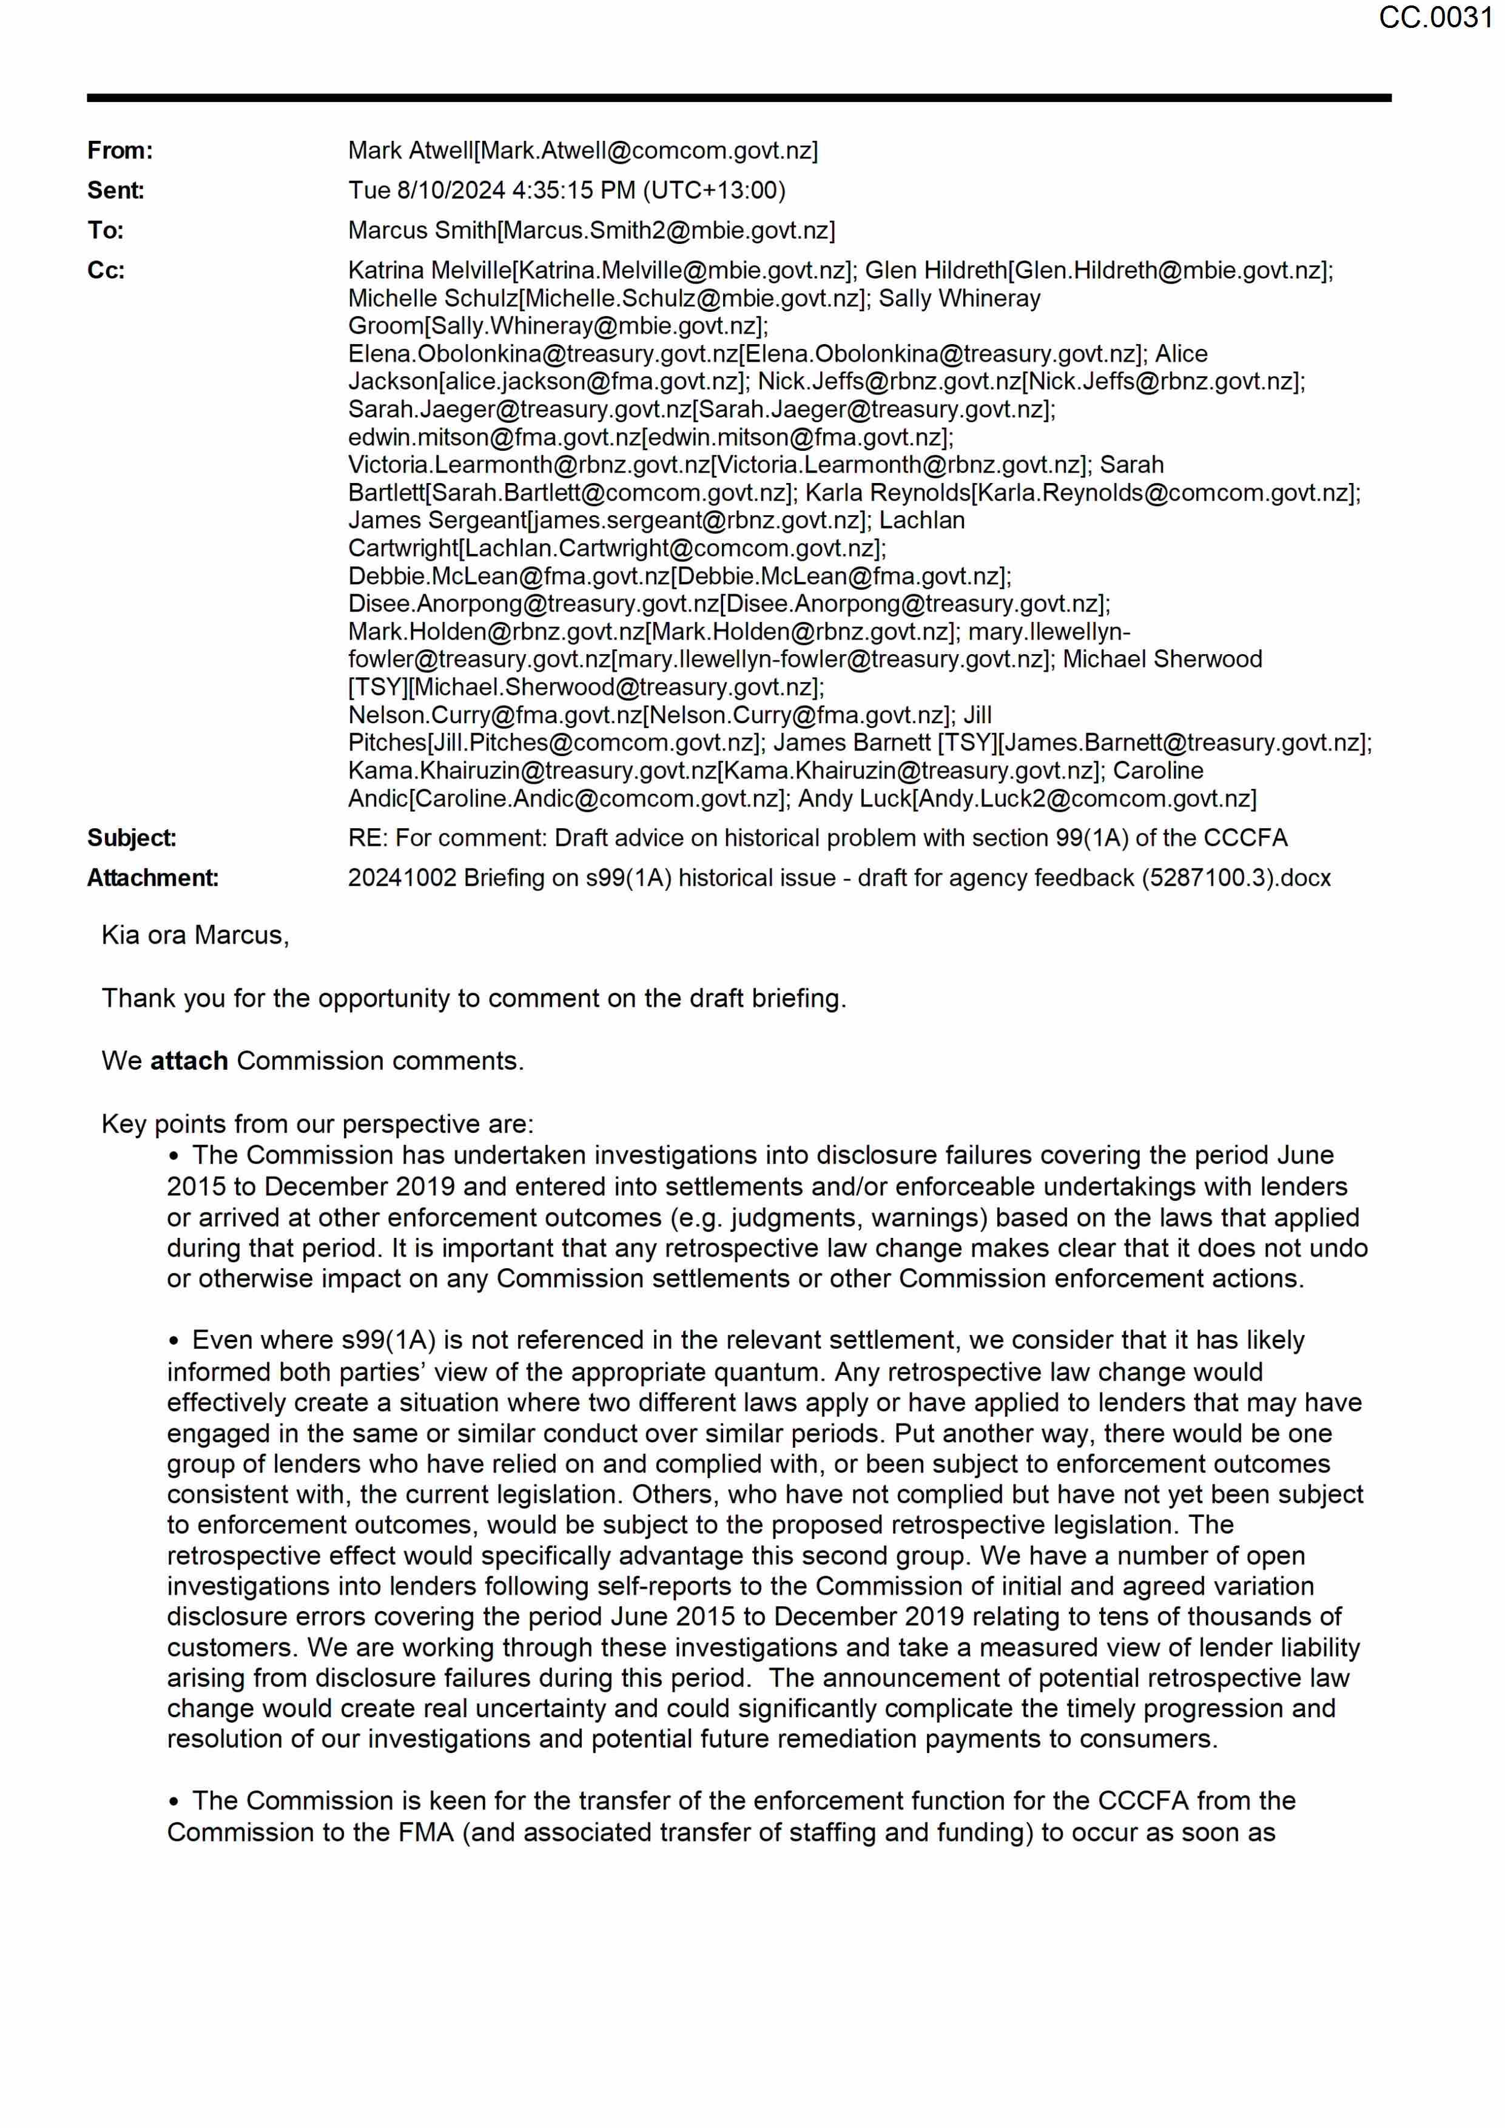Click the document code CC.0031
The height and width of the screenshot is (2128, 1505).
point(1435,18)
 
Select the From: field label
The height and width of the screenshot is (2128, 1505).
point(120,151)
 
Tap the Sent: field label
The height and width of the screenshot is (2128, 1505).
point(116,191)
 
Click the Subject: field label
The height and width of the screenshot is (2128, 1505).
point(132,838)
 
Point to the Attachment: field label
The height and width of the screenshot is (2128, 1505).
point(153,877)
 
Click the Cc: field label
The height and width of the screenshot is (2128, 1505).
point(106,271)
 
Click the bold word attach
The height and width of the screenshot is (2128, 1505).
point(189,1060)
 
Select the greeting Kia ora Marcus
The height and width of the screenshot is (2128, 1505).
point(195,935)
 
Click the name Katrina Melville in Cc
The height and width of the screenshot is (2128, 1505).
point(429,271)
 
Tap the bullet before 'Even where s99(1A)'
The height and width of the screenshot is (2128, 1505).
point(173,1341)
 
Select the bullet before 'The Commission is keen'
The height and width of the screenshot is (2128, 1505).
point(173,1802)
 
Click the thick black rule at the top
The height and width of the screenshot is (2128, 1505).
point(739,97)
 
